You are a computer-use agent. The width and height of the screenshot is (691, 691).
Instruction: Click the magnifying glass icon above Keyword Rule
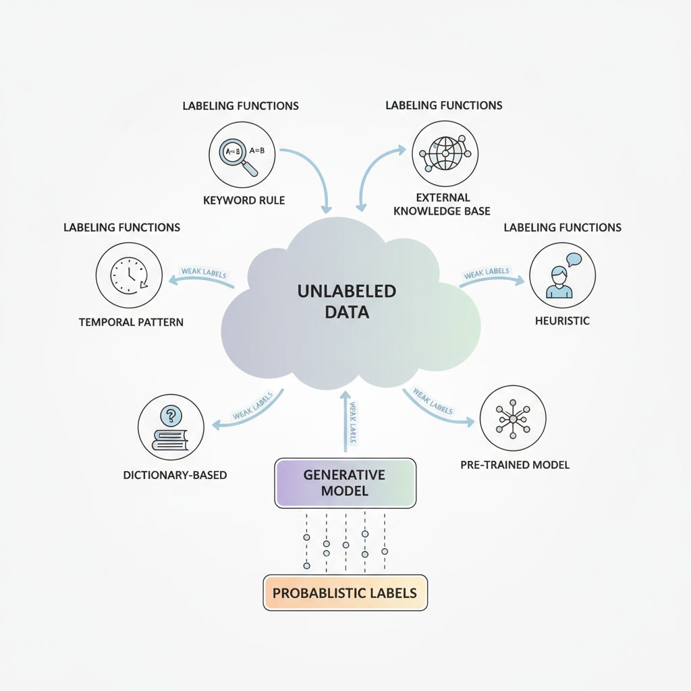[238, 157]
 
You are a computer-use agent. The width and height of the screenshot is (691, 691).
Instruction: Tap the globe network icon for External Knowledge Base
[445, 153]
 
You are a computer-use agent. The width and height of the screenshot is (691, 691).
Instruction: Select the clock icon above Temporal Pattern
[129, 275]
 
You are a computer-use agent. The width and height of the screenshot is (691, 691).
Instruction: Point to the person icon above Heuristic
[559, 282]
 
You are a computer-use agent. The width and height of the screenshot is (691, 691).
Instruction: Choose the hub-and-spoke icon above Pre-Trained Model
[513, 418]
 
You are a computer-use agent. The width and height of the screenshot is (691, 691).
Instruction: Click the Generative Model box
[345, 483]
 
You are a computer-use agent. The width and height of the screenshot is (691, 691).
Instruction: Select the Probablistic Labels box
[345, 592]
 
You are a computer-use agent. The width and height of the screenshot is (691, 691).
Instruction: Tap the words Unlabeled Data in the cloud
[347, 302]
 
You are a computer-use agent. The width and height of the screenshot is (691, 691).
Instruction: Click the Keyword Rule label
[244, 200]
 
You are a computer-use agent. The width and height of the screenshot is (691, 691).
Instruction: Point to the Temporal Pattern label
[131, 322]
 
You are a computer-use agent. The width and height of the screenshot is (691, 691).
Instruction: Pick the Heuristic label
[562, 321]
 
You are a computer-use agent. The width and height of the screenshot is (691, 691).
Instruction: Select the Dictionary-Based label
[175, 475]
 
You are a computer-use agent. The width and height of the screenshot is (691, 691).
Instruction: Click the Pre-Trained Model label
[515, 465]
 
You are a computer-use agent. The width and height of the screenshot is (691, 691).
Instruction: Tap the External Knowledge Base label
[442, 204]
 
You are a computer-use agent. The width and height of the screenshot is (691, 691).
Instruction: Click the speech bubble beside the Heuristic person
[574, 260]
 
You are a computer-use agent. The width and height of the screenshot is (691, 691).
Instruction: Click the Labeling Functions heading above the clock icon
[121, 227]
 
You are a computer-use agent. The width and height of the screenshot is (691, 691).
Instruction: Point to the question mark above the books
[171, 416]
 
